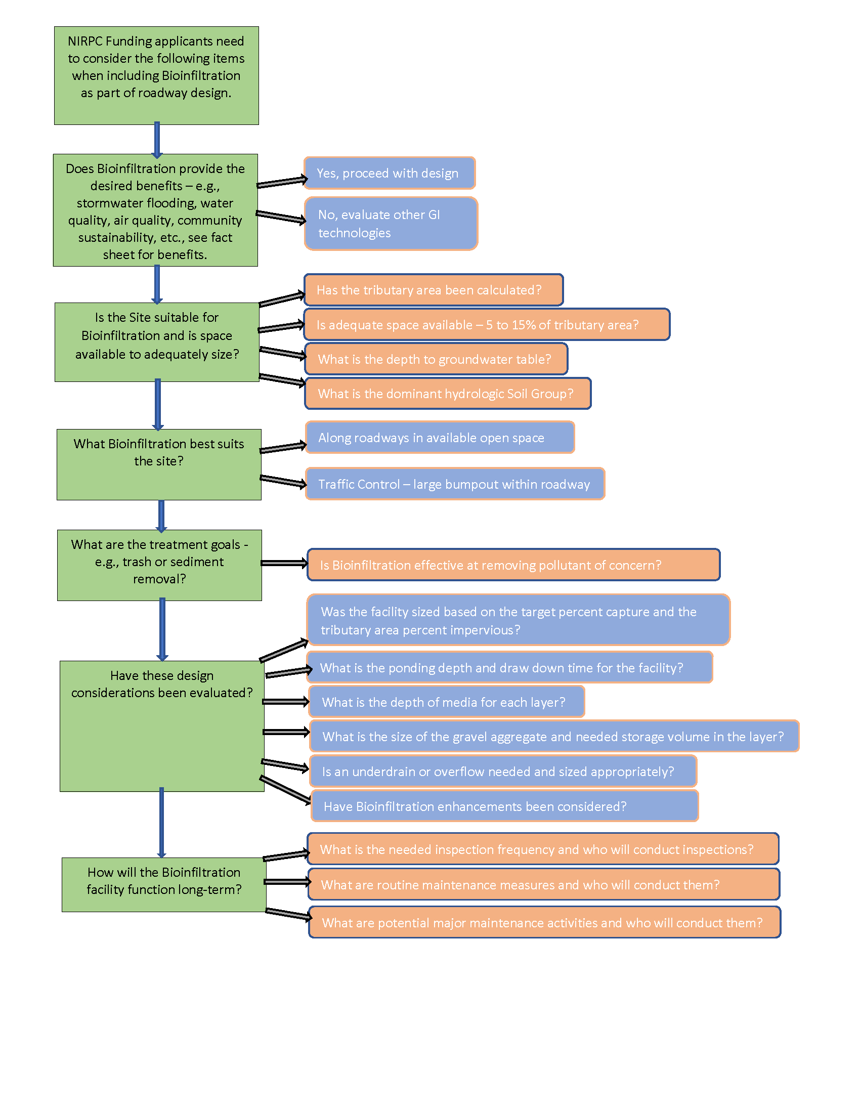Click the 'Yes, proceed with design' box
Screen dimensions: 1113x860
click(389, 173)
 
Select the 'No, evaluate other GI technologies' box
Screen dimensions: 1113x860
click(390, 224)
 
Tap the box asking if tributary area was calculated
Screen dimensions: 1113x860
click(433, 290)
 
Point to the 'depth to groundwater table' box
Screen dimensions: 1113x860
click(436, 359)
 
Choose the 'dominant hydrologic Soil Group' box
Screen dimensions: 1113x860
click(447, 394)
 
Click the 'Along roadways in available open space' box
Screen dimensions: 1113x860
click(440, 438)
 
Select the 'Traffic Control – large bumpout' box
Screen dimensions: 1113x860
click(454, 484)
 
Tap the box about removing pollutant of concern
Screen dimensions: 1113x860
click(513, 565)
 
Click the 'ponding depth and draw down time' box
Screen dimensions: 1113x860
click(509, 668)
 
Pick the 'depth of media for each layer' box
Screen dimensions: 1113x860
click(446, 702)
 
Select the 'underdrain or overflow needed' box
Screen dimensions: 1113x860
click(502, 772)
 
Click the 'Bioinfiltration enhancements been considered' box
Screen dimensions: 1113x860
click(504, 806)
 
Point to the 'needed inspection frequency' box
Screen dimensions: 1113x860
click(543, 849)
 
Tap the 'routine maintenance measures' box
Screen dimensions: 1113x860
click(543, 885)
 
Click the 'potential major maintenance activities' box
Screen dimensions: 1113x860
click(544, 923)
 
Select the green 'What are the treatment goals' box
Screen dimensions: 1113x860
click(159, 565)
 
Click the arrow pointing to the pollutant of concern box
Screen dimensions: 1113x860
click(284, 563)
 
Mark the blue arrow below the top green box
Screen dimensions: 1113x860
click(157, 140)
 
